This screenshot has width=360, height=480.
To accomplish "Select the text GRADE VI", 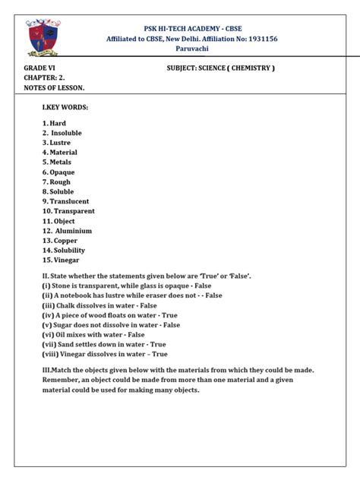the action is tap(39, 68).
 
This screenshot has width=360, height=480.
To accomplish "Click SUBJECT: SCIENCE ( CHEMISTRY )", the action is tap(220, 68).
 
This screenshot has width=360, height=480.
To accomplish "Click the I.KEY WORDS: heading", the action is tap(65, 108).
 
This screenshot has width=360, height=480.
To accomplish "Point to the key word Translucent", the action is tap(69, 201).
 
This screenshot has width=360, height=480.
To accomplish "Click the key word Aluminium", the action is tap(71, 231).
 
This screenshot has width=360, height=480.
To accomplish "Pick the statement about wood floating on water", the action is tap(110, 314).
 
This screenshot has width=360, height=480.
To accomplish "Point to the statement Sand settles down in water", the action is tap(105, 344).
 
